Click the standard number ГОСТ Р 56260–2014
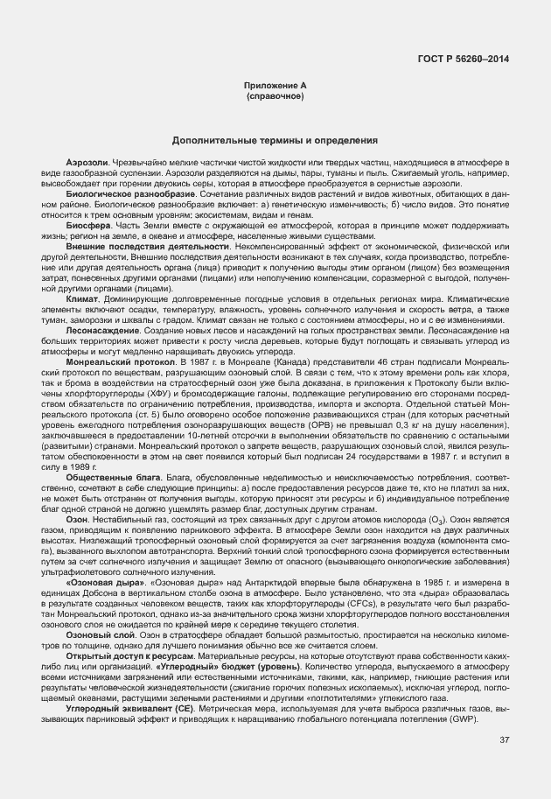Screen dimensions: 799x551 click(471, 59)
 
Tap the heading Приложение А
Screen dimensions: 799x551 click(275, 85)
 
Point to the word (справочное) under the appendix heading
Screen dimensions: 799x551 click(275, 95)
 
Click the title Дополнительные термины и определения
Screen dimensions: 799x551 click(275, 140)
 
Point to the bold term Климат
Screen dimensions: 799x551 click(82, 299)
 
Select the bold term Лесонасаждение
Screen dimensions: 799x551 click(98, 330)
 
